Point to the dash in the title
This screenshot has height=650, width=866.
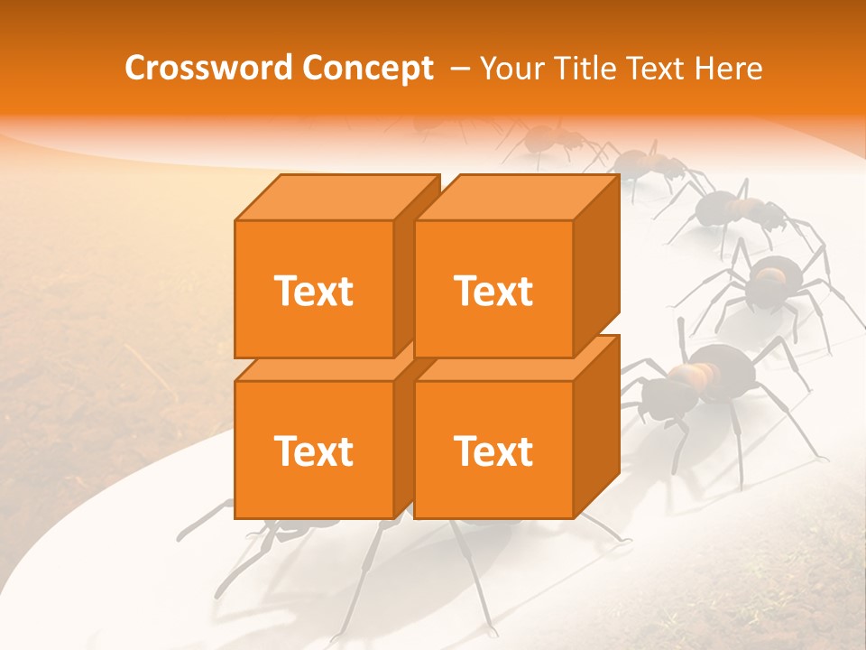pos(458,69)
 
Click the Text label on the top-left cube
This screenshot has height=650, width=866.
pos(313,291)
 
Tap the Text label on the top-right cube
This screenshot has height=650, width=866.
pos(493,291)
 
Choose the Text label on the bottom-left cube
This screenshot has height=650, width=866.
pos(313,450)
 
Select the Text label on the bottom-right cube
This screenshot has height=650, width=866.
pos(493,450)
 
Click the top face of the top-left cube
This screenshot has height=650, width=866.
pos(336,197)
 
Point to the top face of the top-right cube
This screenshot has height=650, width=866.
pos(516,197)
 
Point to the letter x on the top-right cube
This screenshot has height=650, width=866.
pos(501,293)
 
